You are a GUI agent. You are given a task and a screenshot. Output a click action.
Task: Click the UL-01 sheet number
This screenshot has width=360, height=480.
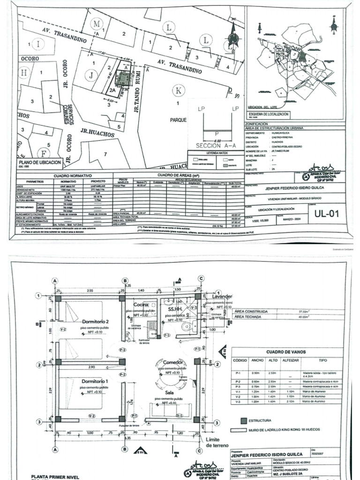coord(326,215)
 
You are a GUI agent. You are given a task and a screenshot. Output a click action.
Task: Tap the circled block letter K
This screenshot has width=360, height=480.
coord(178,90)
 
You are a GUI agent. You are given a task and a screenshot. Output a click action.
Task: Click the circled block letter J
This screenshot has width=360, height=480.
coord(91,74)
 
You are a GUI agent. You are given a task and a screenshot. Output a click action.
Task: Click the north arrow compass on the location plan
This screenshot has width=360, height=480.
coord(232,35)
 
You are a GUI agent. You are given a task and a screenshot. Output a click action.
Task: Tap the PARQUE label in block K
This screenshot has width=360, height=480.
coord(178,120)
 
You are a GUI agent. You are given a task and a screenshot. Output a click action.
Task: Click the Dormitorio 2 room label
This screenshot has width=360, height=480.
coord(96,322)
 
